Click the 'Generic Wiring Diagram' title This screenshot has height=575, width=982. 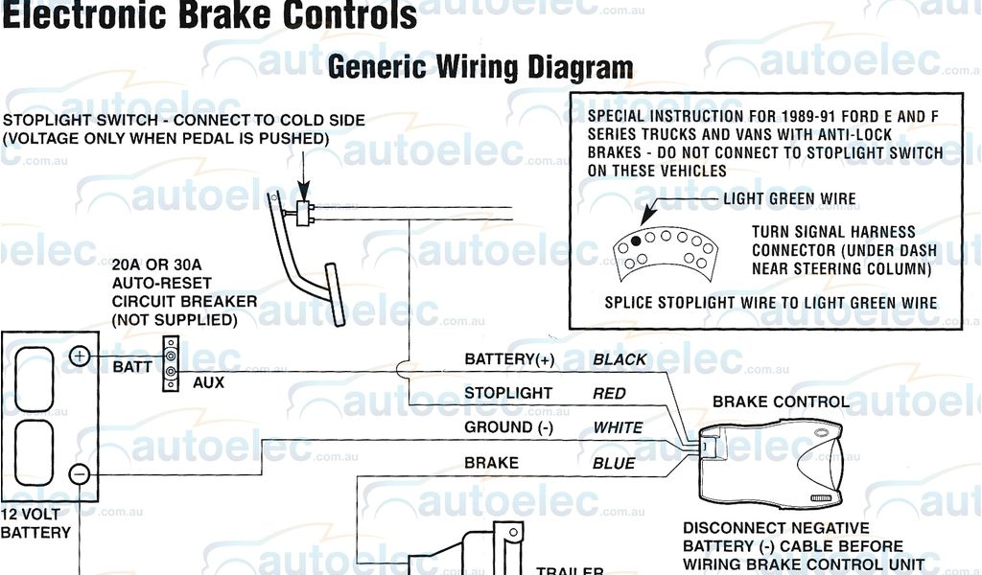click(x=480, y=67)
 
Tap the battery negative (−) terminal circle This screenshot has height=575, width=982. click(x=81, y=473)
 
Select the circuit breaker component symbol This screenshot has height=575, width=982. click(x=171, y=364)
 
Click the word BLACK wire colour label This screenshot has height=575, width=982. click(x=620, y=360)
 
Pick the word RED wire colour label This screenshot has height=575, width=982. click(x=609, y=394)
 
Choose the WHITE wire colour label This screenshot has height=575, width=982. click(x=619, y=427)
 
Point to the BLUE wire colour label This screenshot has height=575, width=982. click(x=614, y=464)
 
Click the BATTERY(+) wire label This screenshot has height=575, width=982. click(x=508, y=360)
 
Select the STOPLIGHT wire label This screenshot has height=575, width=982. click(x=508, y=393)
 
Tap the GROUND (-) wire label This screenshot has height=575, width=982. click(x=508, y=427)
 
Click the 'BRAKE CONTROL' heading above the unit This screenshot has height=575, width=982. click(x=781, y=402)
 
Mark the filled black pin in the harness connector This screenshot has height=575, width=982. click(x=635, y=240)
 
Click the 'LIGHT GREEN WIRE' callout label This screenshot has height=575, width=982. click(x=789, y=199)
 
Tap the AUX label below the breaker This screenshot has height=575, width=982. click(x=208, y=382)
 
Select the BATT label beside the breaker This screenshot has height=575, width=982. click(x=131, y=367)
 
